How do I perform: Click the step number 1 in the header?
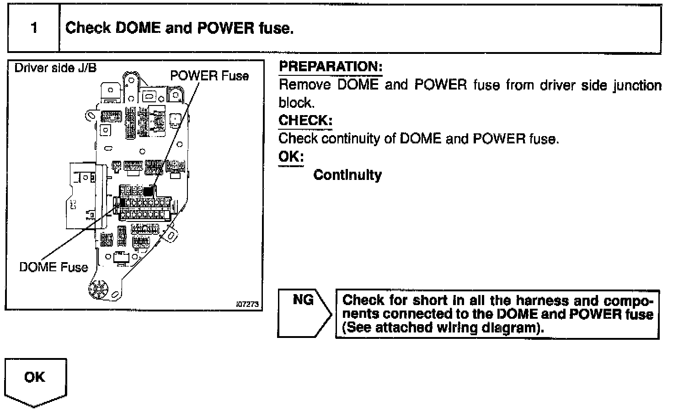[34, 28]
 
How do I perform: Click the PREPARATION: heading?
[330, 67]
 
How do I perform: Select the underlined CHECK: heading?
[305, 121]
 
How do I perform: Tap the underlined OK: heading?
[291, 157]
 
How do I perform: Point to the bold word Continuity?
[347, 175]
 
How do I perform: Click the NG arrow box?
[304, 313]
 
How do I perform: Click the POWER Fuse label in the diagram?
[209, 76]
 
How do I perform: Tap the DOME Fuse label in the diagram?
[53, 267]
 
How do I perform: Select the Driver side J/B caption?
[55, 68]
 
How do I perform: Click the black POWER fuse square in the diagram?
[148, 190]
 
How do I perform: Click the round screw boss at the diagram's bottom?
[97, 289]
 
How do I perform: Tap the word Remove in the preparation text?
[304, 85]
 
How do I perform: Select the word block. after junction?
[296, 103]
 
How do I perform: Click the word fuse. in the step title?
[276, 28]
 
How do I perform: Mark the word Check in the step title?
[88, 28]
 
